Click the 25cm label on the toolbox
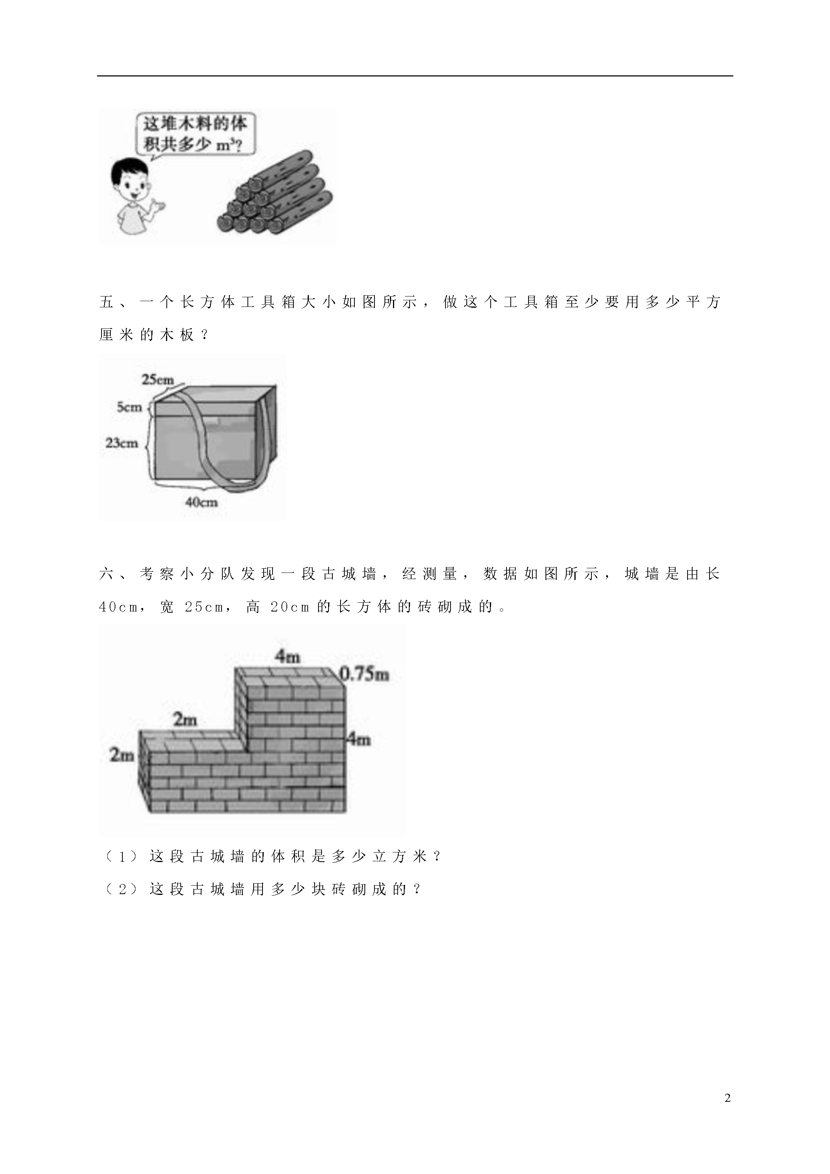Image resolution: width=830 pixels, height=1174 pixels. [158, 380]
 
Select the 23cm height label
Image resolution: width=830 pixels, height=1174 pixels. [122, 443]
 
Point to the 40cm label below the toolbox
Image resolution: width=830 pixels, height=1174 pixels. [202, 503]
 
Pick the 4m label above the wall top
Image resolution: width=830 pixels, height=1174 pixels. [287, 657]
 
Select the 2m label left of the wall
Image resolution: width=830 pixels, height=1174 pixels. [122, 755]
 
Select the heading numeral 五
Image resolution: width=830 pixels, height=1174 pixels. [107, 302]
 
